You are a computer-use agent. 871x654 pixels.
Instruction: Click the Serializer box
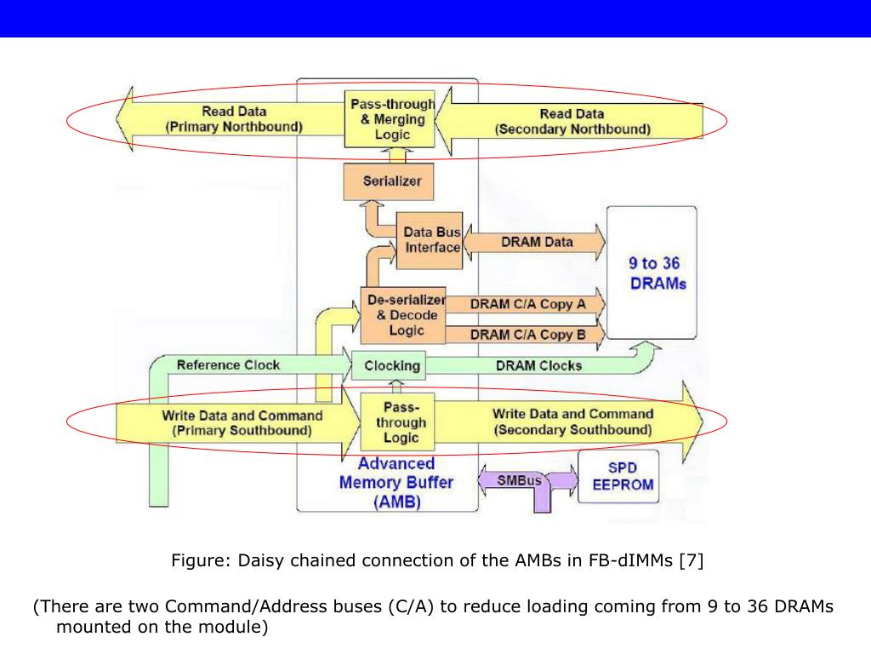(392, 181)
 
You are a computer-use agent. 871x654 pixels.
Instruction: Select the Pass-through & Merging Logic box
(391, 119)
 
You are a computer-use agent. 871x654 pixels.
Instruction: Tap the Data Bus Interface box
(430, 239)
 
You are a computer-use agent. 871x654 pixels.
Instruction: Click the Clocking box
(391, 366)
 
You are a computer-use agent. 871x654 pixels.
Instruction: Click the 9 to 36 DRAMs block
(656, 273)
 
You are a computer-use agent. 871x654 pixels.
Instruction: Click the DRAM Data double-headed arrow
(536, 242)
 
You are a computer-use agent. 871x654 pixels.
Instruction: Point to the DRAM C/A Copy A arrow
(527, 303)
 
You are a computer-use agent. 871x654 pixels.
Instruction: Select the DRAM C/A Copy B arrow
(527, 335)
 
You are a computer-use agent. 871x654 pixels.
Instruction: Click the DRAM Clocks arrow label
(538, 365)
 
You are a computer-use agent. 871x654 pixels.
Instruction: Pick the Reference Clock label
(228, 364)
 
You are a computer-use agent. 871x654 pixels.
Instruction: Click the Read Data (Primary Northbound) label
(233, 119)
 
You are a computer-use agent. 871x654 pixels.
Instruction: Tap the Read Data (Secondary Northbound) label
(572, 121)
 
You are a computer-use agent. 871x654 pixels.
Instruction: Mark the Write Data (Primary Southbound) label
(242, 422)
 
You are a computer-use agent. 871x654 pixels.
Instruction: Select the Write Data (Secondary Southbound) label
(572, 422)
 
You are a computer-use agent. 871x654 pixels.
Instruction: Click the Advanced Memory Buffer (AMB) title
(396, 483)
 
